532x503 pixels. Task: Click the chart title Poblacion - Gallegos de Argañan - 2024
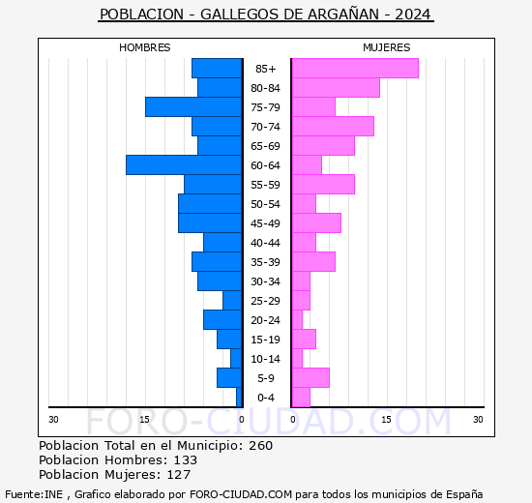point(266,15)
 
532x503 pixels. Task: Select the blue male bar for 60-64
point(184,165)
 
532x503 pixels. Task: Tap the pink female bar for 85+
point(354,68)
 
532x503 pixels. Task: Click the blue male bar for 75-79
point(193,107)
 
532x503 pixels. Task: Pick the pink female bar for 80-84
point(335,88)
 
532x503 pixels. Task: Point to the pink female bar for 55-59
point(322,185)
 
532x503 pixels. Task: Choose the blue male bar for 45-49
point(210,223)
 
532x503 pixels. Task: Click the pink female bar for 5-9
point(310,378)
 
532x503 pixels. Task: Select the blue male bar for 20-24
point(222,320)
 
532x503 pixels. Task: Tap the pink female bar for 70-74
point(332,127)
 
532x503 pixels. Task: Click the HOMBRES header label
point(145,47)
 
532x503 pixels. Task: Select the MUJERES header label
point(386,47)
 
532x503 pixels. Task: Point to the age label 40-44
point(266,243)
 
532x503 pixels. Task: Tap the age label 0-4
point(266,398)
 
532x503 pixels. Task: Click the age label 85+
point(266,69)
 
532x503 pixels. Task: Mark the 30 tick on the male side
point(54,419)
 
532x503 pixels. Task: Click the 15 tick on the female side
point(385,419)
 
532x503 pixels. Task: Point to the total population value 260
point(260,446)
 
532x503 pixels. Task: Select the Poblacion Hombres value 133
point(184,460)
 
